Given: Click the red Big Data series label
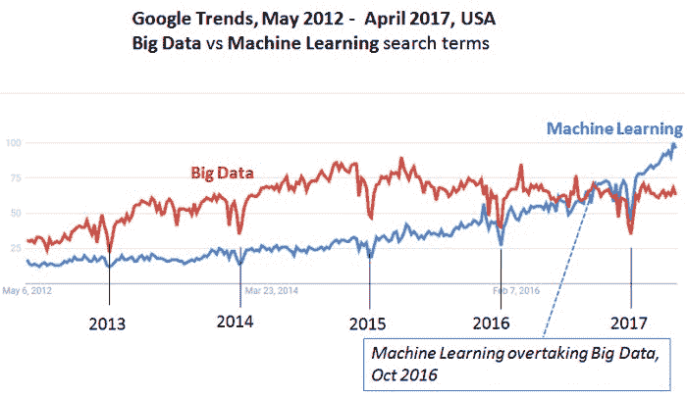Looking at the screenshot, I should [x=221, y=174].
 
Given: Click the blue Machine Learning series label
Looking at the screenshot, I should [x=613, y=128].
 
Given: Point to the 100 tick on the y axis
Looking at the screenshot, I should [x=14, y=143].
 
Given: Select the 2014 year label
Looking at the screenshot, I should [x=236, y=322].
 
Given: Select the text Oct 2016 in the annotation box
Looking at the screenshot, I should [x=404, y=373].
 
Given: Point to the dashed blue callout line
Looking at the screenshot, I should [x=564, y=265].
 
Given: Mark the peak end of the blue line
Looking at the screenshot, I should [x=674, y=145].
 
